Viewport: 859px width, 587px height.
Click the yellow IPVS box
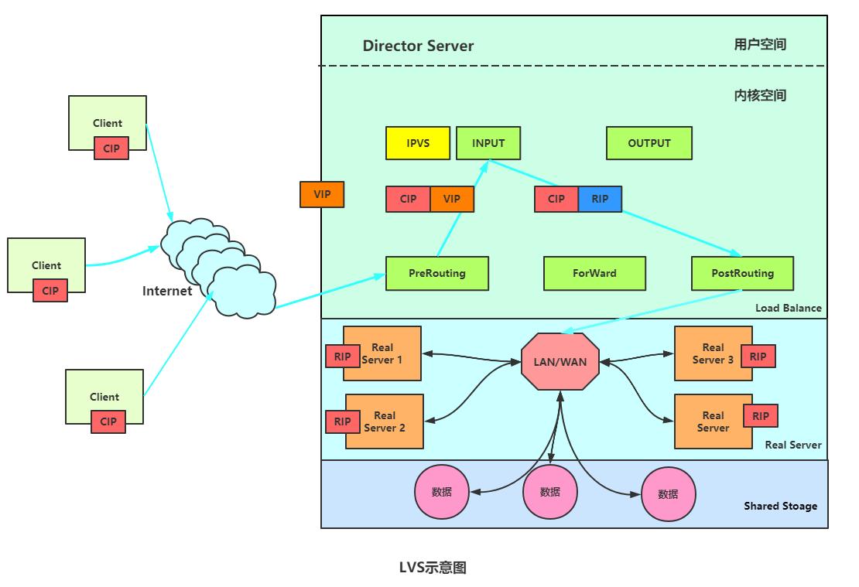(417, 143)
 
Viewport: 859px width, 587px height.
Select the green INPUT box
(488, 143)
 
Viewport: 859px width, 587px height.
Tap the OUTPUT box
(649, 143)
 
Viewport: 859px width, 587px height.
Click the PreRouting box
(437, 273)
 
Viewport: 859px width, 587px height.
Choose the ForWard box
(594, 273)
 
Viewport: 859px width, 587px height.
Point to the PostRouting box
(742, 273)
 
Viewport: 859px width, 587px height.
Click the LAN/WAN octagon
(560, 361)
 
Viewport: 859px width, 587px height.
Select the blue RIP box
(600, 199)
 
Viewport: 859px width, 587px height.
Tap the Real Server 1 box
(382, 353)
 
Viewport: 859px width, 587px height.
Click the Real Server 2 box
(385, 421)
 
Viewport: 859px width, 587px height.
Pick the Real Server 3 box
(714, 353)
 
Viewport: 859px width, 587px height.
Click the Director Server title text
(418, 46)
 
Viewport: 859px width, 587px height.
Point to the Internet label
(167, 291)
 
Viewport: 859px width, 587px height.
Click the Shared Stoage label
(780, 506)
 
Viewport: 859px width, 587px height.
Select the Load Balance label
(789, 308)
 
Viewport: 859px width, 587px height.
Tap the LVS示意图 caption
(433, 568)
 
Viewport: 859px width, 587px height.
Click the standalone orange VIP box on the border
(322, 194)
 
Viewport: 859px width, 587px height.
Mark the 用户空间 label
(760, 44)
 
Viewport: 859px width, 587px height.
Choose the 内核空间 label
(760, 95)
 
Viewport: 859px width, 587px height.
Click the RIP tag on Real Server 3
(758, 357)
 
